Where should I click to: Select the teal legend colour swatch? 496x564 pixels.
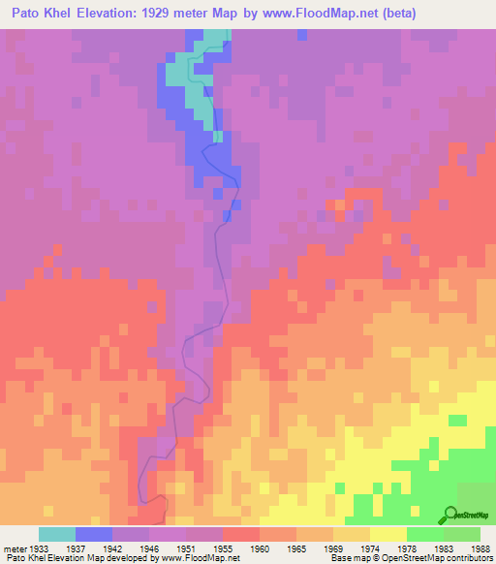tap(57, 534)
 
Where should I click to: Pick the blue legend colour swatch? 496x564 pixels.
tap(94, 534)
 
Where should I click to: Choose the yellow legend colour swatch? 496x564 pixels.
tap(387, 534)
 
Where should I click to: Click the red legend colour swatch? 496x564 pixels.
tap(241, 534)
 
